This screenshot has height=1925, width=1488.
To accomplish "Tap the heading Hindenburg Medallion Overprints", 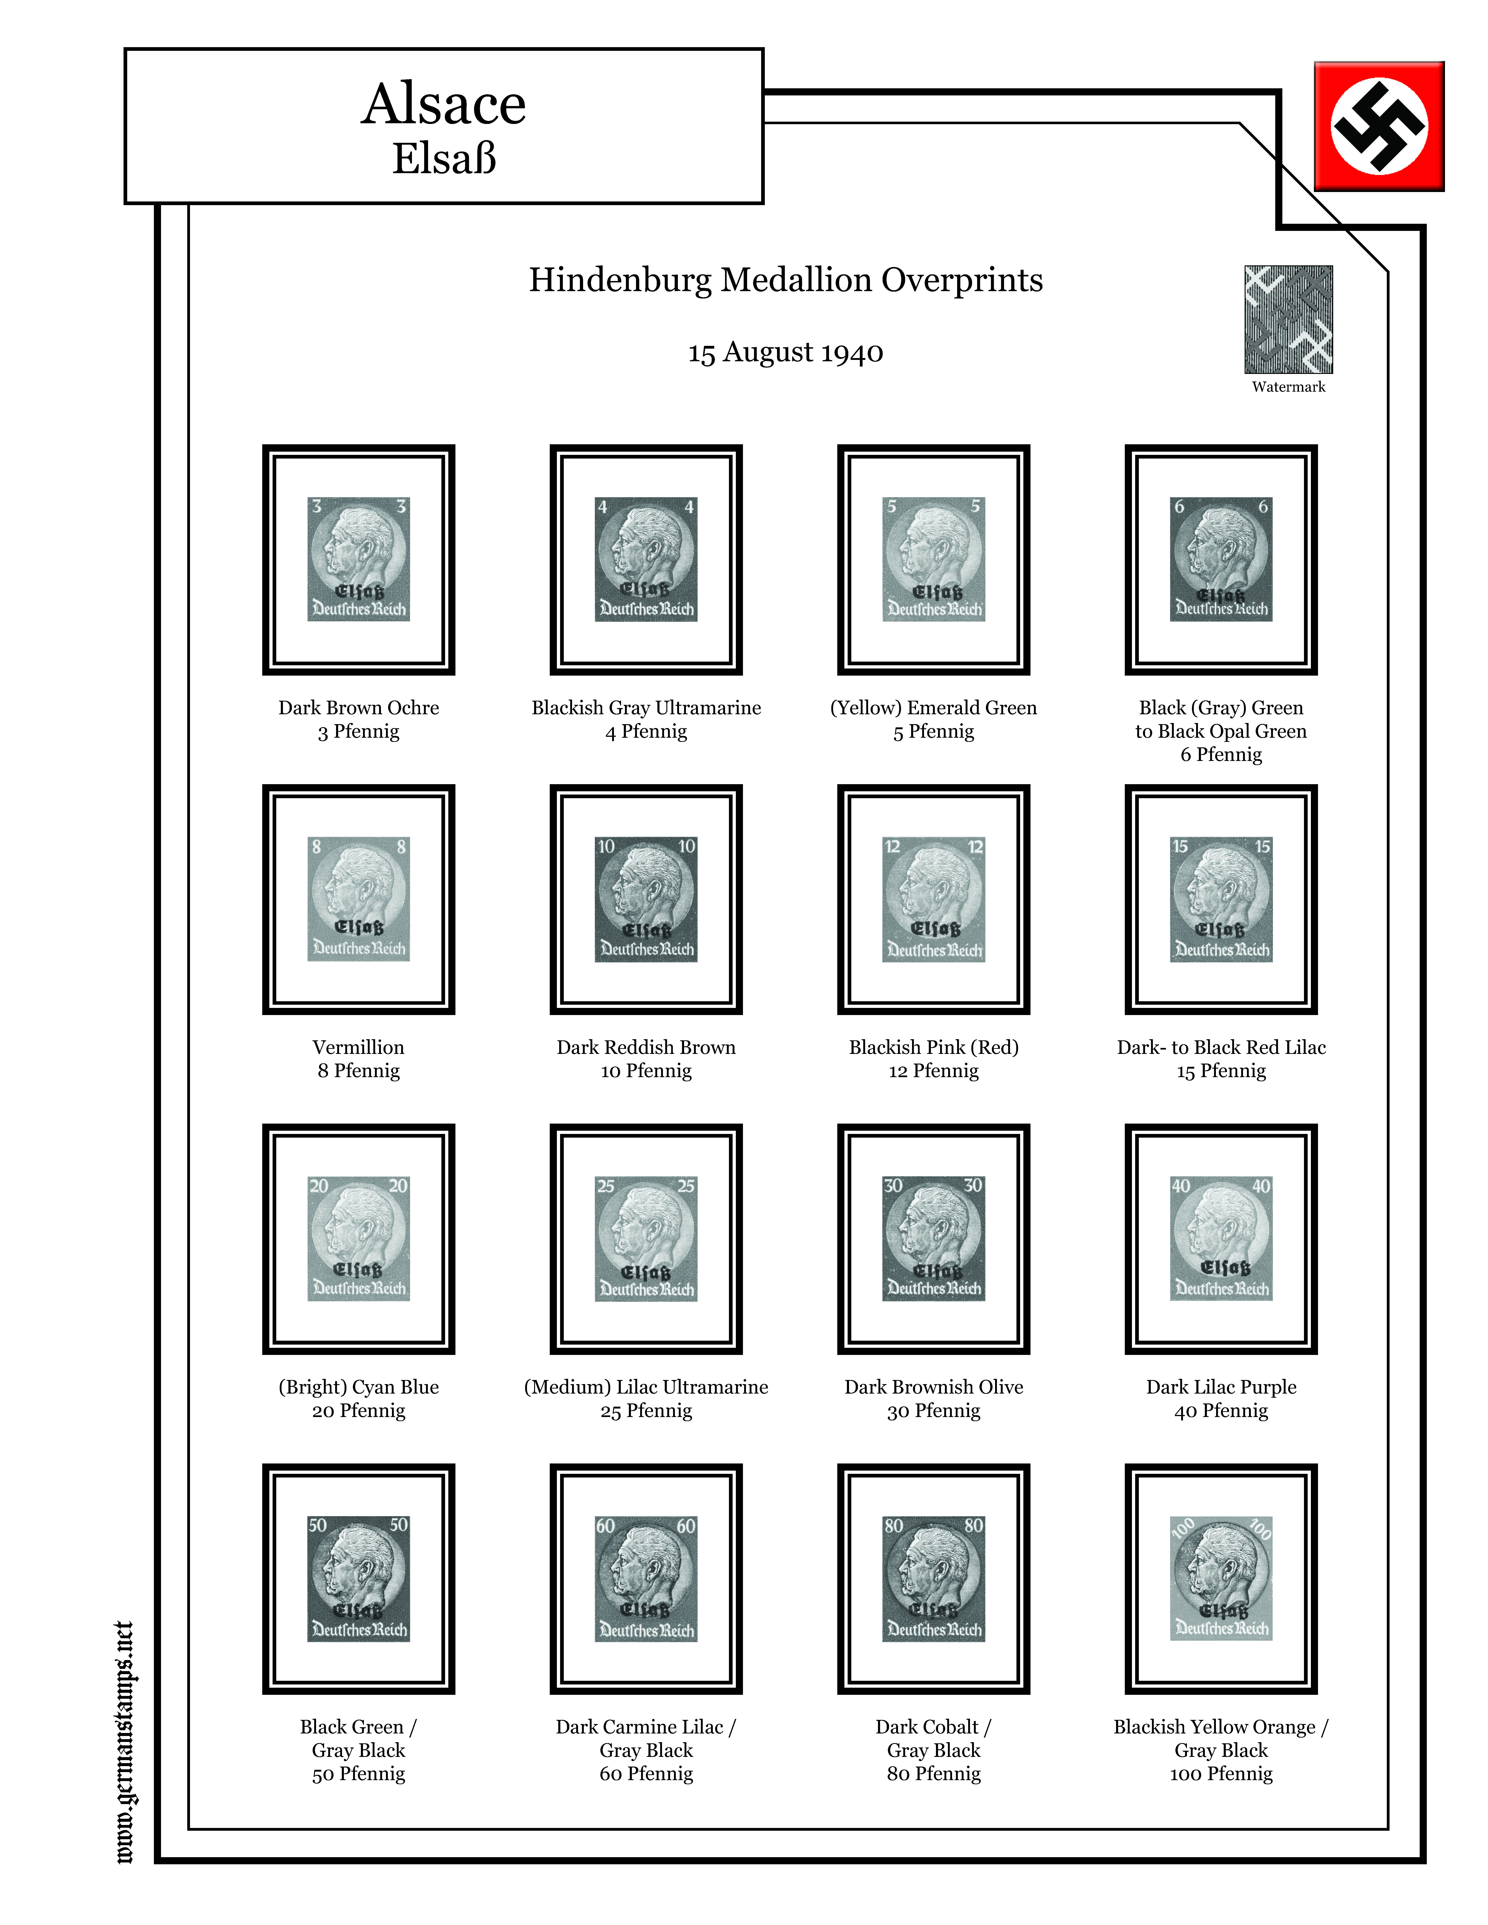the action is coord(786,280).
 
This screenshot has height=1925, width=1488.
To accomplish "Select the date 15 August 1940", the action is coord(786,353).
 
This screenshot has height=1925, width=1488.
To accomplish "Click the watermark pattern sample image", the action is coord(1288,319).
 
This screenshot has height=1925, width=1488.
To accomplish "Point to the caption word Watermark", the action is coord(1288,387).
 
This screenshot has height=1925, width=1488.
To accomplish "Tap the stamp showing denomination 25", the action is coord(646,1238).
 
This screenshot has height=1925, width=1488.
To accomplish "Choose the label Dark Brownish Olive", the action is coord(933,1386).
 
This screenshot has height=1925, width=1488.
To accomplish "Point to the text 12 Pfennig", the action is coord(933,1071).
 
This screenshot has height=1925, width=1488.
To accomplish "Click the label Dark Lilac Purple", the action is coord(1221,1386).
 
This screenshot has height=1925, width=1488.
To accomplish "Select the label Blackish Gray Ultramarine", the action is coord(646,708).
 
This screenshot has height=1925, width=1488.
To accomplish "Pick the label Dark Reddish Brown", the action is coord(646,1047).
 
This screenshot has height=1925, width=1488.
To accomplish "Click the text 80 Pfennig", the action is coord(933,1773).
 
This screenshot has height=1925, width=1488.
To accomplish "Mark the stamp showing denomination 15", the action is coord(1221,899).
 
